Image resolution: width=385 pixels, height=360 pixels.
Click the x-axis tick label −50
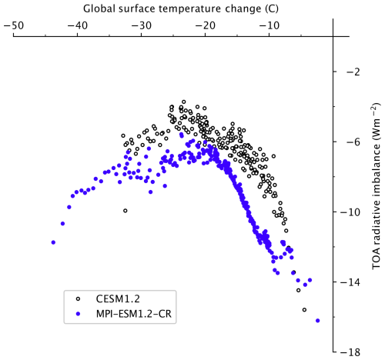13,25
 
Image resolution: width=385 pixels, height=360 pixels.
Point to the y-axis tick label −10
356,212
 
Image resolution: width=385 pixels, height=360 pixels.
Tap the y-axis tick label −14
356,282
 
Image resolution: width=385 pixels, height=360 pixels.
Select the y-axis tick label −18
356,352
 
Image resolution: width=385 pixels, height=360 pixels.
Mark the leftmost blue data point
53,242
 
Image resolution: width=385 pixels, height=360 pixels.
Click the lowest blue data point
317,321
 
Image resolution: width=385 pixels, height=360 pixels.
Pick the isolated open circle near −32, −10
126,210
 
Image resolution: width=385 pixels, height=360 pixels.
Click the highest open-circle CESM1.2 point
183,102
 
